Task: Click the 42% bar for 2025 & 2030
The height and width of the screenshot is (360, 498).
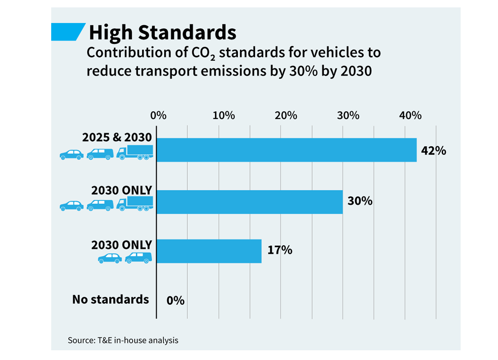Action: coord(286,150)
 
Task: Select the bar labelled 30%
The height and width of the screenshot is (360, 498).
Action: coord(249,202)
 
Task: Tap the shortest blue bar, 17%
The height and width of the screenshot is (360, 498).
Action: coord(209,251)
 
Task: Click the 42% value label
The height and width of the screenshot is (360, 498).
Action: coord(433,150)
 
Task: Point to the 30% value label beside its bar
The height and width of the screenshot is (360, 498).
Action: coord(360,201)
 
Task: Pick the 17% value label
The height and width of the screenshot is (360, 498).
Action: coord(280,250)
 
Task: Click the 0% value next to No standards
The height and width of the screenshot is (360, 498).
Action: coord(175,300)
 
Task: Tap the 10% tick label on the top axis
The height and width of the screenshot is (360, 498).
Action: coord(224,115)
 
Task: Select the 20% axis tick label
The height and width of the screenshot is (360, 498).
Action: coord(286,115)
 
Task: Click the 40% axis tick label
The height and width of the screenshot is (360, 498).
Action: coord(410,115)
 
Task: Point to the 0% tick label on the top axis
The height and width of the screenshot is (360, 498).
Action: coord(158,115)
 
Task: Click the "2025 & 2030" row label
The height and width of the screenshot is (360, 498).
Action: coord(117,138)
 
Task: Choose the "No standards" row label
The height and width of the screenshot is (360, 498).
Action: coord(111,300)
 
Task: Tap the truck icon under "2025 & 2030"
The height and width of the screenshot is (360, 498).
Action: coord(135,152)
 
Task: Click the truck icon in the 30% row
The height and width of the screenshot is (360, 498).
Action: coord(135,204)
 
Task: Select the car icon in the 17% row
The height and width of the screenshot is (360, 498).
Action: coord(110,258)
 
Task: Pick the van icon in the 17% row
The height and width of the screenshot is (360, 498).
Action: coord(138,258)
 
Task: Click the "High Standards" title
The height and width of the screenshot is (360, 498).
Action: coord(163,32)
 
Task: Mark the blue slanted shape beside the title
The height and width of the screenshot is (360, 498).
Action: coord(68,32)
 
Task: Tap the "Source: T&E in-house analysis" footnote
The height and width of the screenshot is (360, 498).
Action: coord(123,340)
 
